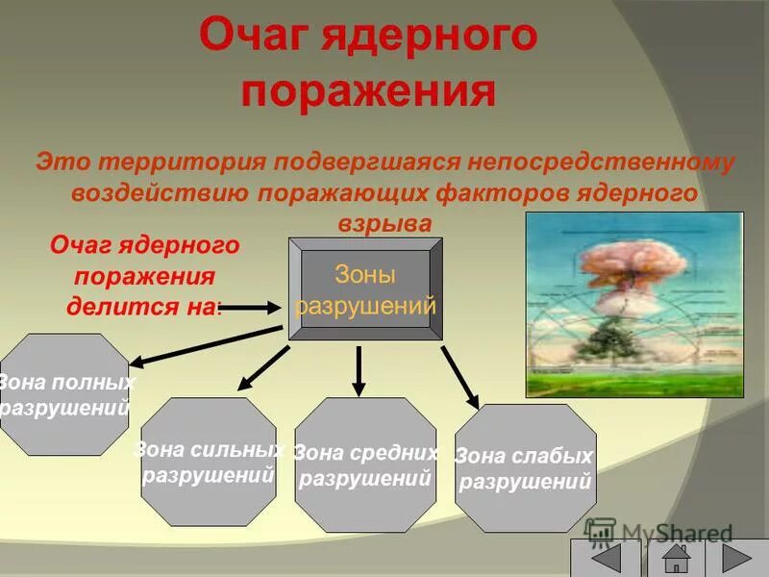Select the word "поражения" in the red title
pos(368,93)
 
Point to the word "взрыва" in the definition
pos(384,222)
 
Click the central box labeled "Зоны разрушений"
pos(365,288)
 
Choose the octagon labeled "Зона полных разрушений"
pos(63,394)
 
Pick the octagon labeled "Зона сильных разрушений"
pos(209,462)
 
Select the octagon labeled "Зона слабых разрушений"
pos(525,467)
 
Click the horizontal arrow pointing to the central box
pos(253,308)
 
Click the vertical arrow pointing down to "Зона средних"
pos(359,370)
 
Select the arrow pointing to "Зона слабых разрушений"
pos(460,375)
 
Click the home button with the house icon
pos(678,559)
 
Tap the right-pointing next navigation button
pos(735,559)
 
